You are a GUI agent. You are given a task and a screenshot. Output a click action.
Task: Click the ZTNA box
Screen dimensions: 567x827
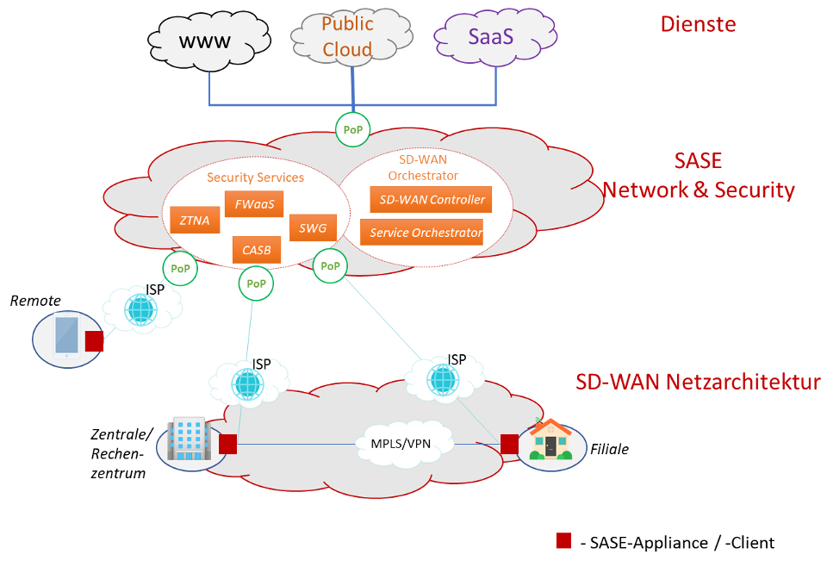tap(195, 221)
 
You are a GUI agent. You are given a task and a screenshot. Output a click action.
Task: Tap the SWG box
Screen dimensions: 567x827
tap(312, 228)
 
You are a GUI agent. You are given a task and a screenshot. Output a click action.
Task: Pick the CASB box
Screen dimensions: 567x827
tap(256, 251)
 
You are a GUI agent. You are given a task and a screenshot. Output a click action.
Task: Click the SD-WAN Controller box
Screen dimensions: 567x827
tap(431, 200)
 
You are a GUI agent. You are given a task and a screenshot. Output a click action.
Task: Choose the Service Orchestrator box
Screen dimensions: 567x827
tap(421, 233)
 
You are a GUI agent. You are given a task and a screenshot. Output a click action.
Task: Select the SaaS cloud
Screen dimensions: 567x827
tap(491, 37)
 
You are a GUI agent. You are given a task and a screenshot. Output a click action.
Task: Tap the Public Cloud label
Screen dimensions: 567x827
tap(347, 37)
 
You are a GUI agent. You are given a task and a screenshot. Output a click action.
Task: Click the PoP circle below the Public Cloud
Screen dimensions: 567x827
tap(352, 130)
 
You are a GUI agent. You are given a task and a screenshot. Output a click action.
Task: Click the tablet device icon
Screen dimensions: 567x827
tap(66, 337)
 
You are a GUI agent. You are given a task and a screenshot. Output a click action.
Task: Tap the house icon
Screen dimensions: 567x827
tap(550, 439)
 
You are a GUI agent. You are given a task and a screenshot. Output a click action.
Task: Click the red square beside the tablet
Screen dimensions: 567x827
tap(94, 342)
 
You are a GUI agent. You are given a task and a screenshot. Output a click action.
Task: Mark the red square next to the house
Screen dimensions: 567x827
tap(509, 444)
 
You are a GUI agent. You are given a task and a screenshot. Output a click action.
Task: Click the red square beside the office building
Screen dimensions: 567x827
tap(227, 444)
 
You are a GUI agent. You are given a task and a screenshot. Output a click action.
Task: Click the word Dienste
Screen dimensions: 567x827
tap(698, 24)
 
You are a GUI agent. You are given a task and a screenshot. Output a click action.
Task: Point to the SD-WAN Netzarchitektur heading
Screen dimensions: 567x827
tap(698, 382)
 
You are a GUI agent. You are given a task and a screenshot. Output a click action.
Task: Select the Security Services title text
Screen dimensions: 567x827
tap(255, 178)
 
